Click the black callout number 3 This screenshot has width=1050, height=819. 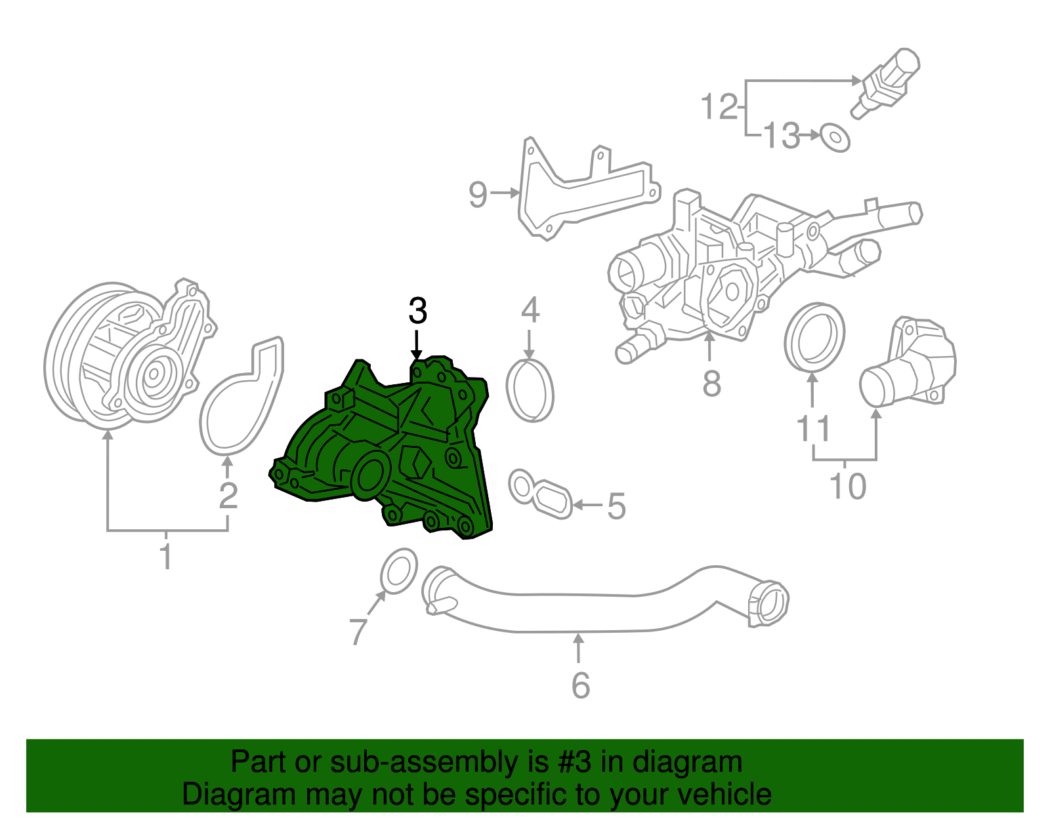coord(417,311)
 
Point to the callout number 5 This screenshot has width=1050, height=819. coord(616,506)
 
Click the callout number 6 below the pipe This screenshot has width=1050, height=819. coord(581,685)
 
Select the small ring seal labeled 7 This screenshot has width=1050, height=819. coord(399,572)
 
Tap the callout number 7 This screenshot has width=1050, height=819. coord(358,631)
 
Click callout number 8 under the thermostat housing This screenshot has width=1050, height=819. coord(711,384)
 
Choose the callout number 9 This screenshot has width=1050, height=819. coord(478,195)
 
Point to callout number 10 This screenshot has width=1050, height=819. coord(847,487)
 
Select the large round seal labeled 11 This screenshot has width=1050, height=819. coord(814,336)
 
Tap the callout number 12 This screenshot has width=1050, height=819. coord(719,107)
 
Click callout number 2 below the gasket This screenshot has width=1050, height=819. coord(228,496)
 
